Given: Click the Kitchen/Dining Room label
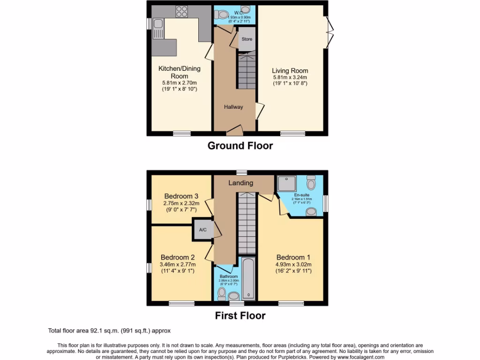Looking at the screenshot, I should pos(179,72).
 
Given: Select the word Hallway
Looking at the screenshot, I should pos(233,107).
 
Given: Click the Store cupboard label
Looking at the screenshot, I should pos(247,39).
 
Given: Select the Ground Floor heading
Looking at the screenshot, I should pos(240,146).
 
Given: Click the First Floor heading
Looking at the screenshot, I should pos(240,315).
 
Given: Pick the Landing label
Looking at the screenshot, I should pos(241,183).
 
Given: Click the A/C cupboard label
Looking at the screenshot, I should pos(203,230).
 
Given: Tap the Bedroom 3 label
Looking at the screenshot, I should pos(181,196).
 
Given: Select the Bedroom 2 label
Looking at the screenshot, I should pos(178,257).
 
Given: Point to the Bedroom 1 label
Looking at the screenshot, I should pos(293,257).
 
